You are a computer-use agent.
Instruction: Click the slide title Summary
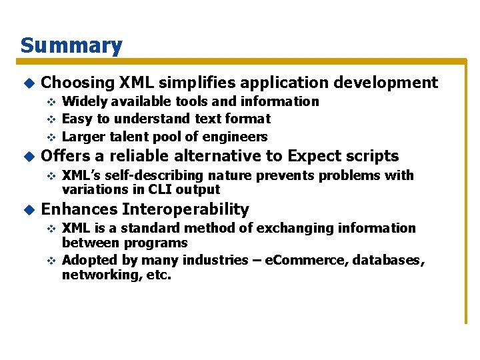coord(71,45)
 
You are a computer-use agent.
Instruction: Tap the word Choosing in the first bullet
coord(78,83)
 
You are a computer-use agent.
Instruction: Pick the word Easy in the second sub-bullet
coord(77,119)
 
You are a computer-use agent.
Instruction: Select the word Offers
coord(67,157)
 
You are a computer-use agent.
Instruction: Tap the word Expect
coord(313,157)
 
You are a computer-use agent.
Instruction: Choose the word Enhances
coord(79,209)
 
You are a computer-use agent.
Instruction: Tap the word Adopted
coord(87,260)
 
